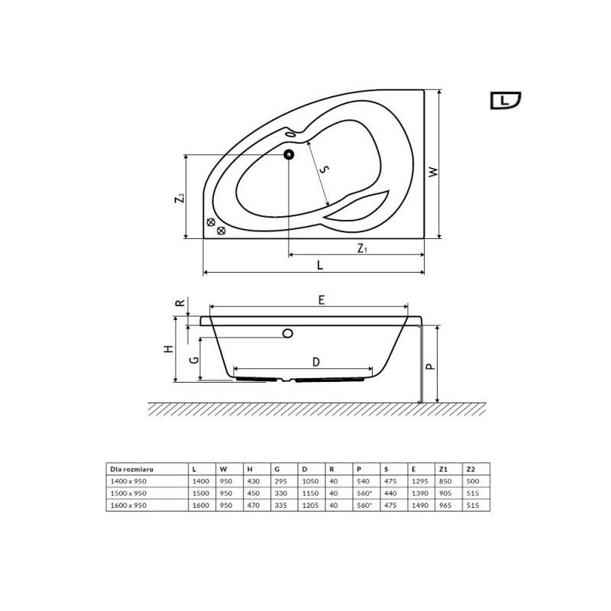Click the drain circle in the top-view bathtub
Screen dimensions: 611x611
289,155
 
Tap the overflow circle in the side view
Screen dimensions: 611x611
288,333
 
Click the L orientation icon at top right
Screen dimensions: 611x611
506,101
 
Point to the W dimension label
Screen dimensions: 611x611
433,172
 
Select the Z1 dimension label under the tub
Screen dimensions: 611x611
362,247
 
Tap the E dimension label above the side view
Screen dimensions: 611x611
321,299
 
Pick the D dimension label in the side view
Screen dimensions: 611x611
316,362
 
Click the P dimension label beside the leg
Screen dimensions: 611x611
430,367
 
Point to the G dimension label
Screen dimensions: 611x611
194,359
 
